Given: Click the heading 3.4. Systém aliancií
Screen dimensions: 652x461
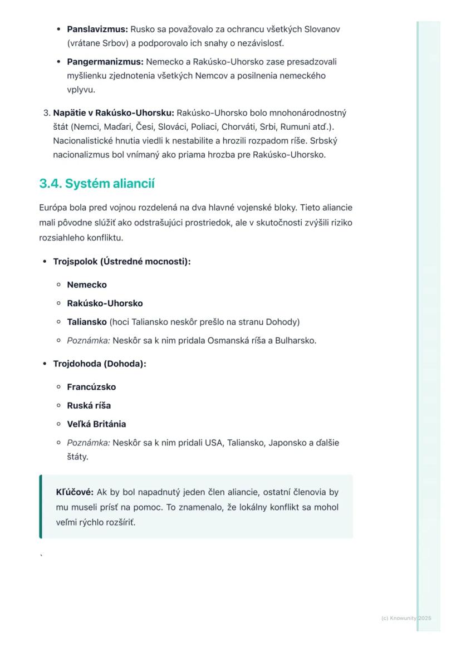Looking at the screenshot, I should tap(97, 184).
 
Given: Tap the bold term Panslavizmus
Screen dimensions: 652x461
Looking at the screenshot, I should tap(97, 29).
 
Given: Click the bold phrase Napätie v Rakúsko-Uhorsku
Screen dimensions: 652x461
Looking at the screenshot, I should tap(114, 113).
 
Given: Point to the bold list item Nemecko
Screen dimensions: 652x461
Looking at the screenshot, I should tap(87, 285).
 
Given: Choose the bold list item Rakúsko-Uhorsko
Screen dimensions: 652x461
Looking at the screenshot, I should tap(105, 303).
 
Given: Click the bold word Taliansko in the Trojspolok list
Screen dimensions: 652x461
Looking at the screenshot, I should tap(87, 322).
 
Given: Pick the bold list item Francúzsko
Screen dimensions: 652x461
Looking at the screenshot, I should tap(91, 387).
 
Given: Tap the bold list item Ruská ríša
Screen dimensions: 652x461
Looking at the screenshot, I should tap(89, 405).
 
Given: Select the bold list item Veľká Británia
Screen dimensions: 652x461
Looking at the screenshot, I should tap(96, 424).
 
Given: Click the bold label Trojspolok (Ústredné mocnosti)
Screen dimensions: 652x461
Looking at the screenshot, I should tap(122, 261).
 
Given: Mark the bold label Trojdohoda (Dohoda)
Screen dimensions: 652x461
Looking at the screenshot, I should tap(100, 364).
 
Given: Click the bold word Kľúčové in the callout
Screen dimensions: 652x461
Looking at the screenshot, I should tap(75, 492).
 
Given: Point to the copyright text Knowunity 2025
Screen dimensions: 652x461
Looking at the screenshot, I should tap(406, 618).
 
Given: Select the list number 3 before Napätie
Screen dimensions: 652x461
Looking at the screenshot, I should tap(46, 113).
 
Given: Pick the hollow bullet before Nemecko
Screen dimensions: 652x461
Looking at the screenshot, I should tap(58, 285).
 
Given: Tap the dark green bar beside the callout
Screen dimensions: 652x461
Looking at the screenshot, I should tap(41, 507).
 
